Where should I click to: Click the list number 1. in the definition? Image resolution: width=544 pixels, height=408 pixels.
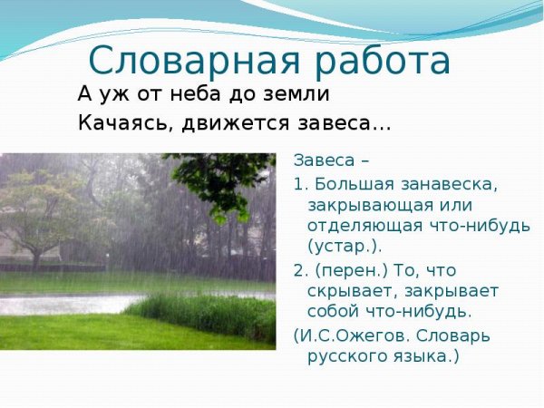point(300,184)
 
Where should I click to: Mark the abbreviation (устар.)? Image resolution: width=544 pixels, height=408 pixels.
point(345,246)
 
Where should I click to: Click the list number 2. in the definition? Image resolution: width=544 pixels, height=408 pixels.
point(301,271)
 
